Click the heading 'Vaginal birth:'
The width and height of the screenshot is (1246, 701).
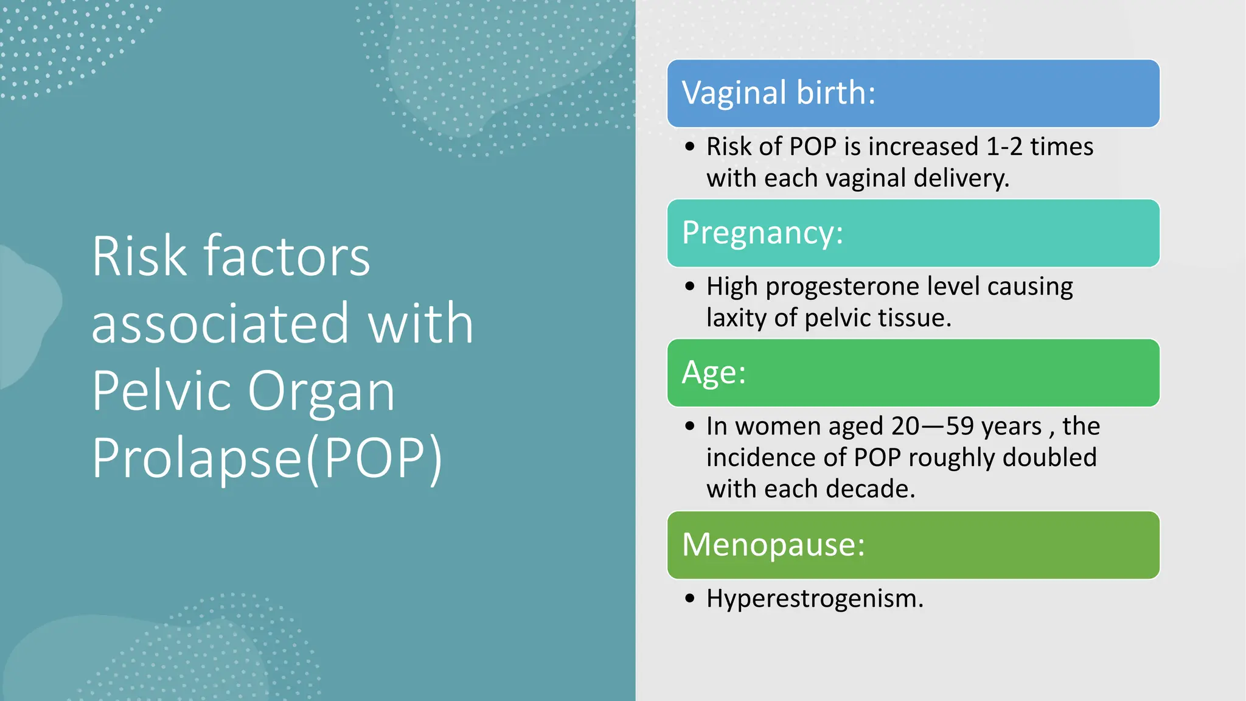[x=778, y=93]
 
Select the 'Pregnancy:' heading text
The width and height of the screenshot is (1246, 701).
[x=762, y=233]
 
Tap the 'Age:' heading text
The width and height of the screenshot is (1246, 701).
[x=713, y=372]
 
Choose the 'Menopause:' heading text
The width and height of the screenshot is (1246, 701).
[x=773, y=545]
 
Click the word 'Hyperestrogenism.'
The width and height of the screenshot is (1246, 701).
[x=815, y=599]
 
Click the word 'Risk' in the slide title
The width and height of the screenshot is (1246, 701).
[x=139, y=257]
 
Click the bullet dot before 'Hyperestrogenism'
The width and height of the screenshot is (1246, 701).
[x=689, y=599]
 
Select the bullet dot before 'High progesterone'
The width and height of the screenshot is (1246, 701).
[x=689, y=287]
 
